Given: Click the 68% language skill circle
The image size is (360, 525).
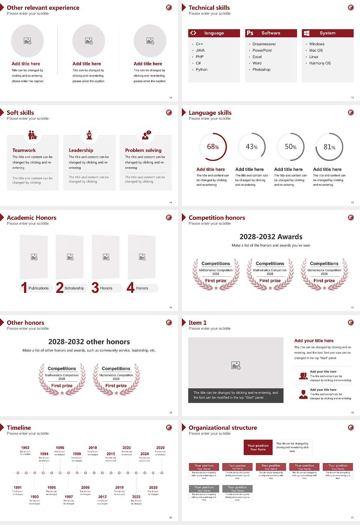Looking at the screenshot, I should click(213, 147).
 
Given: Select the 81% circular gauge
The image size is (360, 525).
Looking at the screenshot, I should click(329, 147).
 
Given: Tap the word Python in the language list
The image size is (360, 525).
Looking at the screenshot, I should click(201, 69).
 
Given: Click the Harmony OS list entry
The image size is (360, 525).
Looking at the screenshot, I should click(320, 63).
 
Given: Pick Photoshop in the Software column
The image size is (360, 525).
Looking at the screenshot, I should click(261, 69).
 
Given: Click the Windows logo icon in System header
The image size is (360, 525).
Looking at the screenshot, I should click(307, 33).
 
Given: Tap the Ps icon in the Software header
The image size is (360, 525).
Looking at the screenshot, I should click(250, 33).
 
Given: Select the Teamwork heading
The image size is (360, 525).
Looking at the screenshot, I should click(24, 150).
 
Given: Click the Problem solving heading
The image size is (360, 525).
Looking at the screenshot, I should click(143, 150).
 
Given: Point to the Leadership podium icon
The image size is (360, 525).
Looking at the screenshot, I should click(89, 135).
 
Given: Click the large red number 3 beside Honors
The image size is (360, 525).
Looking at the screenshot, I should click(95, 288).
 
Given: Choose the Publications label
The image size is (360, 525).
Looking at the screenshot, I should click(39, 288).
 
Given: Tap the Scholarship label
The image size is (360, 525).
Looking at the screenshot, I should click(74, 288).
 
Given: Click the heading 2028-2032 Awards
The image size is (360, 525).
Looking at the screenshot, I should click(271, 237).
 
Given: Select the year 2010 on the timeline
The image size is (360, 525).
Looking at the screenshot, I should click(93, 447).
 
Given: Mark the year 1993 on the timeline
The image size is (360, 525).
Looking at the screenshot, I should click(34, 496).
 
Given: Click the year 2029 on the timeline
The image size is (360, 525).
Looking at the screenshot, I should click(160, 447).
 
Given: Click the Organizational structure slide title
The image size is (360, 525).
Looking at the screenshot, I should click(223, 427).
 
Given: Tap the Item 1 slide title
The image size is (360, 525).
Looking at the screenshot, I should click(197, 322).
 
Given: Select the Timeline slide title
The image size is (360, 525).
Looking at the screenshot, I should click(19, 427).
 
